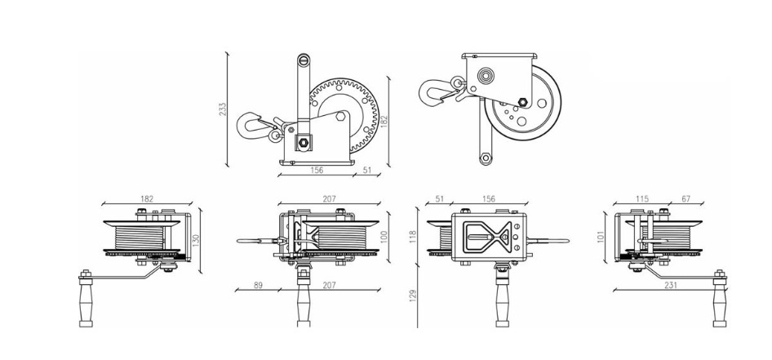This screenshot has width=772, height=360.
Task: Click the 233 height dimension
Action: coord(223,109)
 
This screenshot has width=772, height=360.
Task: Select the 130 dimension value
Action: coord(196,240)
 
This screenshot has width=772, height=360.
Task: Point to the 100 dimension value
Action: coord(384,237)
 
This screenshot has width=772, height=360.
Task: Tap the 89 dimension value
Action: coord(258,285)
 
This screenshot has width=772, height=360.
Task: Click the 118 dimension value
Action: coord(413,237)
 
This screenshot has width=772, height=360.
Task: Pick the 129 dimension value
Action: coord(413,295)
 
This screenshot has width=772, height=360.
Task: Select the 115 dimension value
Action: coord(642,199)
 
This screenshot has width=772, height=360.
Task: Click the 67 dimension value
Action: coord(685,199)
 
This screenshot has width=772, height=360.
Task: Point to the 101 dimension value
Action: coord(600,237)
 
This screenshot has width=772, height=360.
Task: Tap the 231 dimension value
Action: coord(670,285)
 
